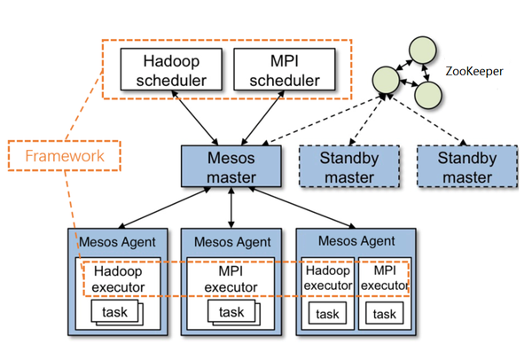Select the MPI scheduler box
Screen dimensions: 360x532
[x=283, y=70]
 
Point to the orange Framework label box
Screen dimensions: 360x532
[x=64, y=155]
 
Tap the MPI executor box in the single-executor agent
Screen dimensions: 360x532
[x=231, y=278]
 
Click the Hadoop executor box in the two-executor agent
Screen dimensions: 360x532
[x=328, y=277]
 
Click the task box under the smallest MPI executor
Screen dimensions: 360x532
[x=385, y=314]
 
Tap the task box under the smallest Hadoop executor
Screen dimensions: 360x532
[x=328, y=314]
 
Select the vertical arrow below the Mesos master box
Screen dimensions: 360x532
[x=231, y=208]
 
